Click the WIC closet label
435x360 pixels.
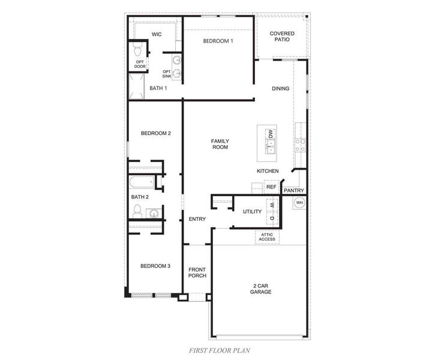(157, 34)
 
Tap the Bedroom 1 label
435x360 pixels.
(218, 41)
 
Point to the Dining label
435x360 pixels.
(280, 89)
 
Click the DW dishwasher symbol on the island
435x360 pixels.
(271, 134)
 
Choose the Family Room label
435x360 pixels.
(220, 144)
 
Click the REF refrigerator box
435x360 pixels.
(271, 187)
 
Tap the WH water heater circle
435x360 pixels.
(298, 203)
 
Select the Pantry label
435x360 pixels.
(294, 191)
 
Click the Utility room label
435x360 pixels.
(252, 212)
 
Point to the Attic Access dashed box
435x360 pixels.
(267, 236)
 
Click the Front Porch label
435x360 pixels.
(197, 272)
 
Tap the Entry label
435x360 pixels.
(197, 219)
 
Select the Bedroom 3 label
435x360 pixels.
(156, 266)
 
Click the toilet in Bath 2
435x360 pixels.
(137, 211)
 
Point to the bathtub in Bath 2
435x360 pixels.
(142, 182)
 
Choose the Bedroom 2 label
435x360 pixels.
(156, 133)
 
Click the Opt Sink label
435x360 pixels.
(167, 74)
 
